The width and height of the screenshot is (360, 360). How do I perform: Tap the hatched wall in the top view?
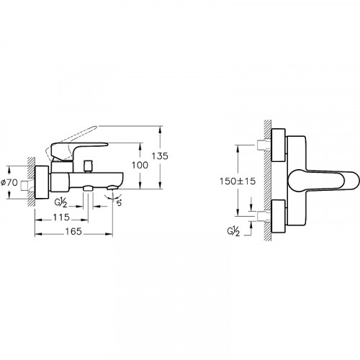pyautogui.click(x=267, y=180)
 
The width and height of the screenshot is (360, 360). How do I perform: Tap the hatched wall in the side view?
pyautogui.click(x=29, y=184)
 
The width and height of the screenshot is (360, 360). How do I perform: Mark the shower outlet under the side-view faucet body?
pyautogui.click(x=87, y=189)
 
